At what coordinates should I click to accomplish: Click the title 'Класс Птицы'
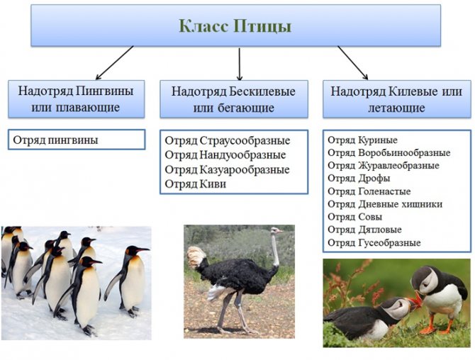pyautogui.click(x=235, y=26)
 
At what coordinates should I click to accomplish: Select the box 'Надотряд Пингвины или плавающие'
pyautogui.click(x=76, y=99)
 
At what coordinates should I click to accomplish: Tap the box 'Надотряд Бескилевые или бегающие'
pyautogui.click(x=234, y=99)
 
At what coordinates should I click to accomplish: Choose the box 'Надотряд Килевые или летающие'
pyautogui.click(x=397, y=99)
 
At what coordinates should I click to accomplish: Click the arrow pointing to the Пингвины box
pyautogui.click(x=114, y=62)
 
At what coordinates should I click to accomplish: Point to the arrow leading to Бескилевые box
pyautogui.click(x=240, y=64)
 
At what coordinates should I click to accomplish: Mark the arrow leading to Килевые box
pyautogui.click(x=352, y=62)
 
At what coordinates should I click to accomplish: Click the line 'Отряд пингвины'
pyautogui.click(x=56, y=140)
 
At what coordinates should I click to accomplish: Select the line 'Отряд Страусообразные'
pyautogui.click(x=228, y=141)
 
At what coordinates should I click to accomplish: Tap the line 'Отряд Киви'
pyautogui.click(x=196, y=184)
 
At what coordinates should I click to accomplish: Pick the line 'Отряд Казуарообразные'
pyautogui.click(x=227, y=169)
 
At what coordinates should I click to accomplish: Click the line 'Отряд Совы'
pyautogui.click(x=355, y=217)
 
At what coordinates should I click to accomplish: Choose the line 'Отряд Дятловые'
pyautogui.click(x=364, y=230)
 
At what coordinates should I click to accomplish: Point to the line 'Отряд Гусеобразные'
pyautogui.click(x=374, y=242)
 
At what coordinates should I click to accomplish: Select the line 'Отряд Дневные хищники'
pyautogui.click(x=385, y=204)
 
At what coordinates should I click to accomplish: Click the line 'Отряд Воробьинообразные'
pyautogui.click(x=389, y=152)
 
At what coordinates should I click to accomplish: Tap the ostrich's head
pyautogui.click(x=276, y=231)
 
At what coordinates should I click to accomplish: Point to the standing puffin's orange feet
pyautogui.click(x=436, y=329)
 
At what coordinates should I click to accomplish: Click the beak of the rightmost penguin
pyautogui.click(x=144, y=249)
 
